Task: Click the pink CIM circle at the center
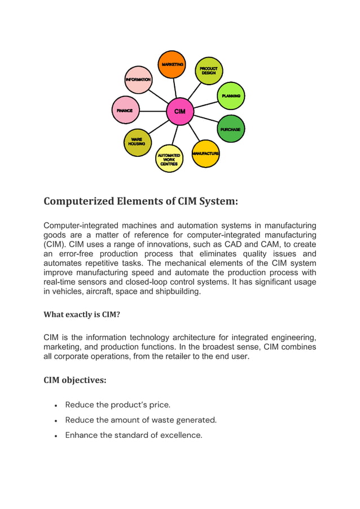(179, 111)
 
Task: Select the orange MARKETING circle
(172, 65)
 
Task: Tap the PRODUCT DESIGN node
(209, 71)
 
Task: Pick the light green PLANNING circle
(231, 96)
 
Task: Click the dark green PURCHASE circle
(231, 129)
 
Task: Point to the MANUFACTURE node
(205, 153)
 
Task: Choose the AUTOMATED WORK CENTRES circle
(169, 159)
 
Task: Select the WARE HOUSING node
(137, 142)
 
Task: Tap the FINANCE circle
(125, 111)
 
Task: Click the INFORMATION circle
(138, 80)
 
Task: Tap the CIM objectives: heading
(75, 380)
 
